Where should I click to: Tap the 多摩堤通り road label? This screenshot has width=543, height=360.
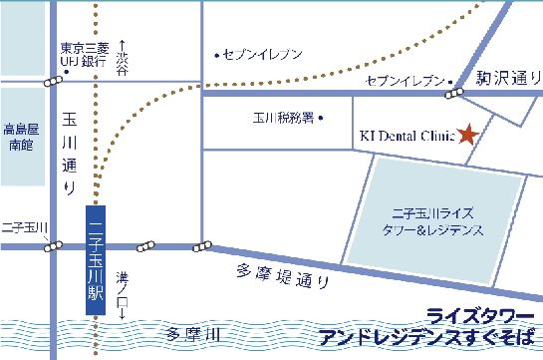pos(284,277)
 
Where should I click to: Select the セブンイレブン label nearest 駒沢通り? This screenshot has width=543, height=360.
pos(405,78)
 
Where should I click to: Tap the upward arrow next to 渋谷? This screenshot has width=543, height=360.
pos(122,45)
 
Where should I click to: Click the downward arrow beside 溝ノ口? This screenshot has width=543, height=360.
pos(122,312)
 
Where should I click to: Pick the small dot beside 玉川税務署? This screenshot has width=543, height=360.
pos(324,118)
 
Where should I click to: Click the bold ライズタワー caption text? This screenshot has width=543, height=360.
pos(472,314)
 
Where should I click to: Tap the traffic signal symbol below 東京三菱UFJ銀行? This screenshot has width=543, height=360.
pos(52,82)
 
